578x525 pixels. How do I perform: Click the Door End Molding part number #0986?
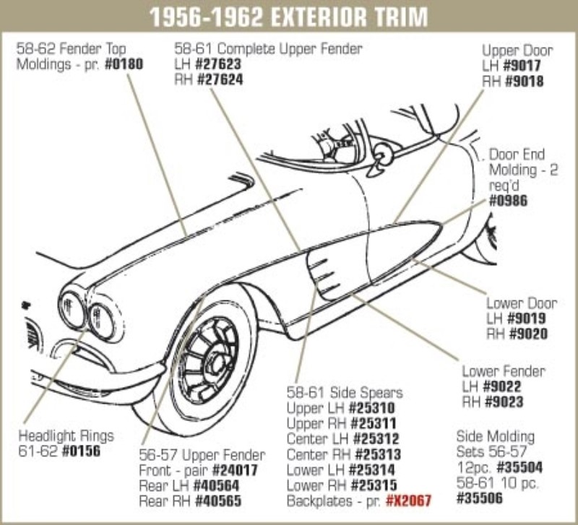click(508, 201)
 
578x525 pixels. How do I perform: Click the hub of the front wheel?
click(214, 355)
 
